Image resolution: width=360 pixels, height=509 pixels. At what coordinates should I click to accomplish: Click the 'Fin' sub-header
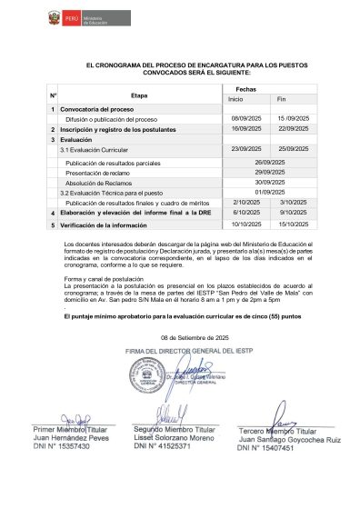point(281,99)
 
